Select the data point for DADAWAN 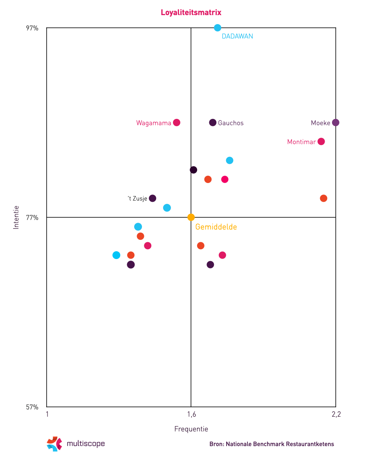[218, 28]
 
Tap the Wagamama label [154, 123]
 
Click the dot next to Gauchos [213, 123]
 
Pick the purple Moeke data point [336, 123]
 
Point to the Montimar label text [301, 142]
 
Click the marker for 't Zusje [153, 198]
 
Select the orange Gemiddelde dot [191, 217]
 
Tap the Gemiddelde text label [216, 227]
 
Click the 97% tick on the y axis [32, 28]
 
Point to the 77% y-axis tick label [32, 218]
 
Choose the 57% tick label [32, 407]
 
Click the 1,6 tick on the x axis [191, 415]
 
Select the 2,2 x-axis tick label [336, 415]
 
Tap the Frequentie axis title [191, 429]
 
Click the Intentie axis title [16, 217]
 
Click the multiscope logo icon [54, 444]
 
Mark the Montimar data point [321, 141]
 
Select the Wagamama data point [177, 123]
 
